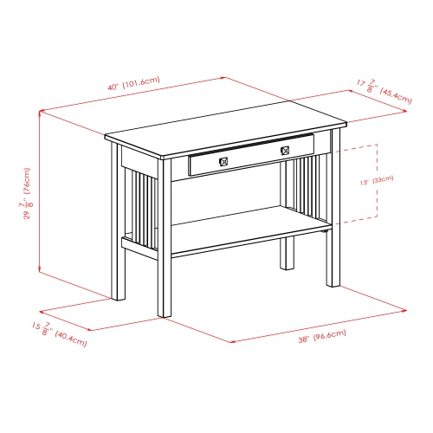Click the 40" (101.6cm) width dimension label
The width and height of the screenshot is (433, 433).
tap(133, 86)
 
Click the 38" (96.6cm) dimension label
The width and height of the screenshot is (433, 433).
tap(321, 333)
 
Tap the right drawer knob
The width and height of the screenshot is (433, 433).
tap(283, 152)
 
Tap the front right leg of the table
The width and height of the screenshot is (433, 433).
tap(333, 251)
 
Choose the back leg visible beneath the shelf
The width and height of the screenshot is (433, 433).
tap(287, 255)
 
